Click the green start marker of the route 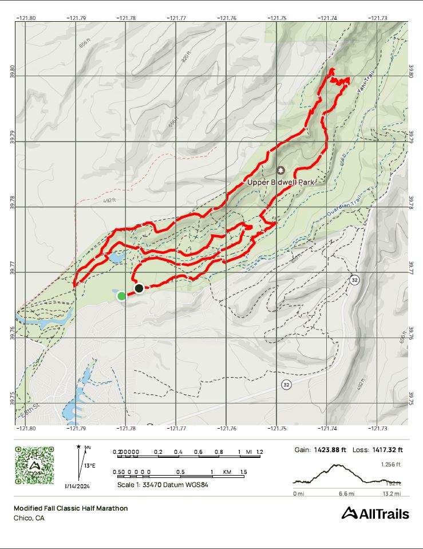tap(121, 296)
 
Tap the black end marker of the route tap(139, 288)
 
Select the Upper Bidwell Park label tap(281, 182)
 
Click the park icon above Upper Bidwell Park tap(280, 170)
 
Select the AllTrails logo tap(375, 513)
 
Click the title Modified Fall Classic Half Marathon tap(70, 508)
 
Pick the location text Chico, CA tap(29, 518)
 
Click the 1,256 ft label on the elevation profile tap(390, 465)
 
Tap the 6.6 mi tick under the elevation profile tap(347, 493)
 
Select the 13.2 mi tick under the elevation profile tap(392, 493)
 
